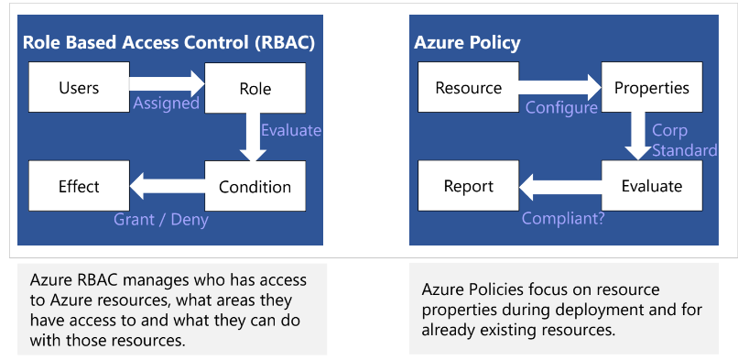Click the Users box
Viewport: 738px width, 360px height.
point(79,87)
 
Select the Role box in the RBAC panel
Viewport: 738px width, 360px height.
point(255,88)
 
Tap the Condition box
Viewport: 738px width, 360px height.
point(255,186)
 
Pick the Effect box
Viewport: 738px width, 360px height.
point(79,186)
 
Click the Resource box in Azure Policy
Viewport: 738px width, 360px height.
point(468,87)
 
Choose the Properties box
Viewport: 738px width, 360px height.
point(652,88)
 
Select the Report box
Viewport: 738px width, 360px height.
point(468,186)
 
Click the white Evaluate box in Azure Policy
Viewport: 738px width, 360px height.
point(652,186)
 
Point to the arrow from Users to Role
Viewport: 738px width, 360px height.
point(167,83)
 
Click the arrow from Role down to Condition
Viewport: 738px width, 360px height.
point(254,137)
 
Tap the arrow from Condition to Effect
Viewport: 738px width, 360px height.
point(167,186)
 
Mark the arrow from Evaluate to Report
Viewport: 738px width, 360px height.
point(560,187)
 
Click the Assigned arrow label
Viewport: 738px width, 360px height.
point(166,104)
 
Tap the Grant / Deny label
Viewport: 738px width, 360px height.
point(161,219)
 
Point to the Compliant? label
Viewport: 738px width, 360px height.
point(563,218)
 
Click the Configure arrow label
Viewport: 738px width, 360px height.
point(561,108)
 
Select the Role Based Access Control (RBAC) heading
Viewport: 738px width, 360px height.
point(169,42)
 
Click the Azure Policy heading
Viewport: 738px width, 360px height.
point(467,43)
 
